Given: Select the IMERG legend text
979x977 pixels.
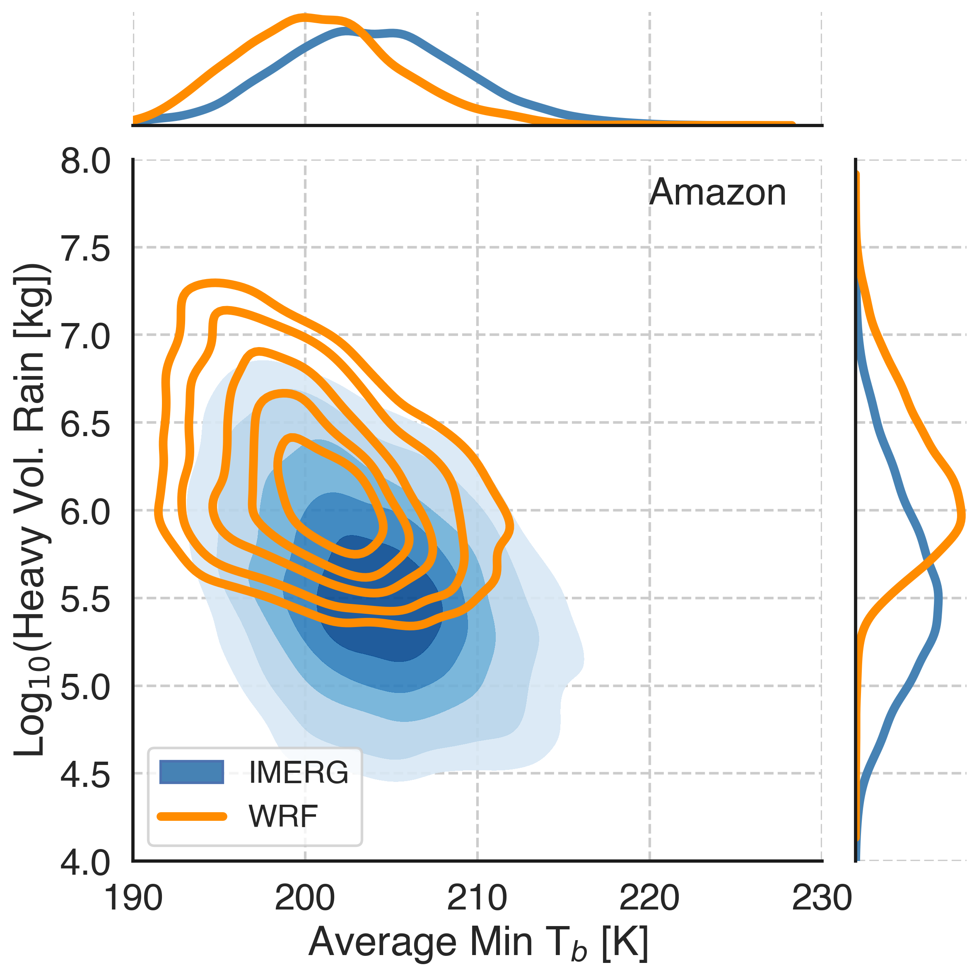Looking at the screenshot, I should tap(299, 772).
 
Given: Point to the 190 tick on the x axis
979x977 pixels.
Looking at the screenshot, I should tap(133, 898).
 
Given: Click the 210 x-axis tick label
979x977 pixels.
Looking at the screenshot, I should tap(477, 898).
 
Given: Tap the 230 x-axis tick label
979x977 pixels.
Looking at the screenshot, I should tap(821, 898).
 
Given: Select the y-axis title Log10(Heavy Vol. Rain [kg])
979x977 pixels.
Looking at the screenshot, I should tap(31, 509).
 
